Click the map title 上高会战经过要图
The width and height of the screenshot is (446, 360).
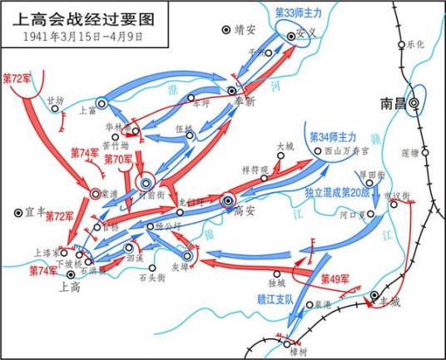pos(77,17)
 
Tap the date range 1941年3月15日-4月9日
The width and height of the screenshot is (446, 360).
pos(77,37)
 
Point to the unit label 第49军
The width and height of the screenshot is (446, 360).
pos(335,278)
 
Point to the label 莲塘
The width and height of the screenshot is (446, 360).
pos(411,152)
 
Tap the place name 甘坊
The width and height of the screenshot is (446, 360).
pos(56,98)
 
